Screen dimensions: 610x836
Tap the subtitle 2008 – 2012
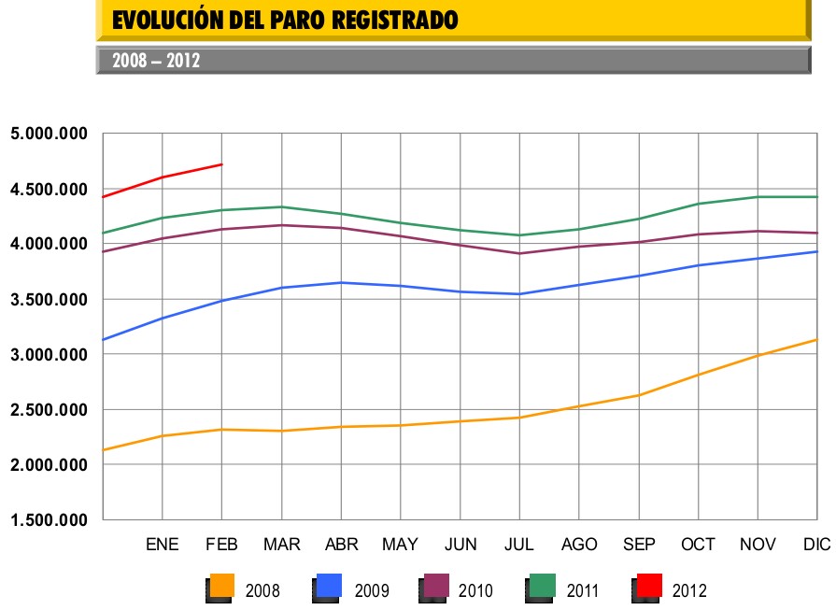tap(156, 62)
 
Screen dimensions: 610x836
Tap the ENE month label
tap(163, 545)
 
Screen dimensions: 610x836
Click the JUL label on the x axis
tap(520, 545)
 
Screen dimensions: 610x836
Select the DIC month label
tap(816, 545)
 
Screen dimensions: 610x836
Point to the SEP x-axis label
tap(639, 545)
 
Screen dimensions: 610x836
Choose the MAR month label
tap(281, 545)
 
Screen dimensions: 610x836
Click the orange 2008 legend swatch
tap(221, 586)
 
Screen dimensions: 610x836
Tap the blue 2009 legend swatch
tap(329, 586)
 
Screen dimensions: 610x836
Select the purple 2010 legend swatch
tap(436, 586)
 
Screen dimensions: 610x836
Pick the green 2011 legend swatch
tap(543, 586)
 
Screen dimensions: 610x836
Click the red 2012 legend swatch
tap(648, 586)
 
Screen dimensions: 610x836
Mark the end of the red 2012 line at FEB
tap(221, 164)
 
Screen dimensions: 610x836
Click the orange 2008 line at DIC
tap(816, 340)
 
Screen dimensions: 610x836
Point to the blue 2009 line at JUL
tap(520, 294)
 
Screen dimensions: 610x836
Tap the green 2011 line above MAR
tap(281, 207)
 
